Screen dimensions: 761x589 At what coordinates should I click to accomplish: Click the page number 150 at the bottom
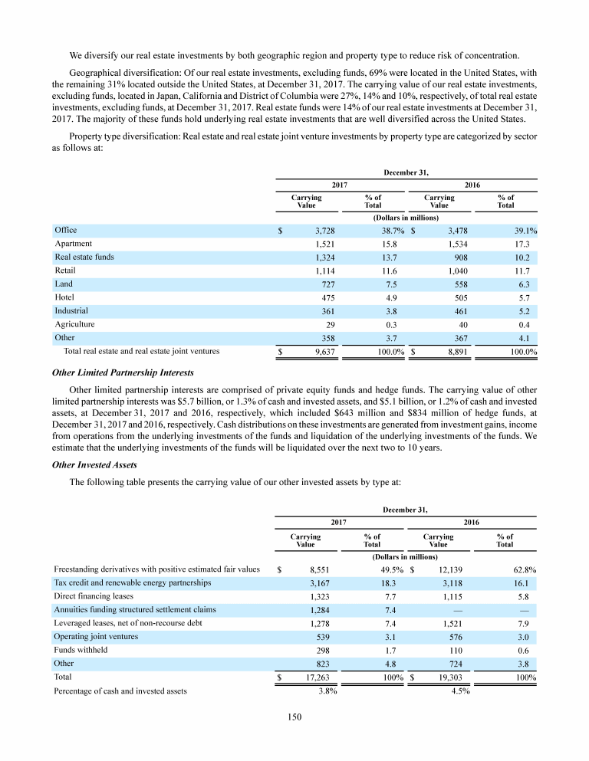pos(294,717)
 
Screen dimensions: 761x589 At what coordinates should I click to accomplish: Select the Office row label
pos(66,230)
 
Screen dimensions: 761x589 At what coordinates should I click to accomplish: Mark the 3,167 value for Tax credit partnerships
pos(325,583)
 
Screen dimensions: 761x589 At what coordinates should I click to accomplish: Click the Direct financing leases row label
pos(94,596)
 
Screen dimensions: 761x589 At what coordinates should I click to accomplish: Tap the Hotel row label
pos(64,297)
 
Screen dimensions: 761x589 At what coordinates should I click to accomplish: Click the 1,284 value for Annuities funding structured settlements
pos(325,610)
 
